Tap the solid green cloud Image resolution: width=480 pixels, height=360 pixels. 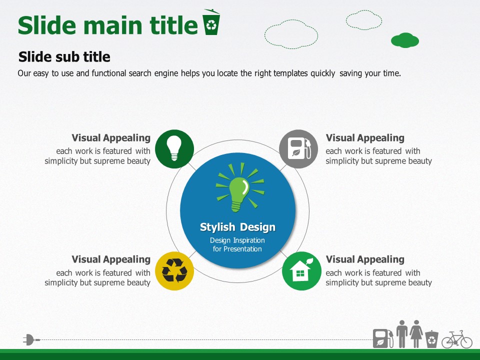(x=405, y=40)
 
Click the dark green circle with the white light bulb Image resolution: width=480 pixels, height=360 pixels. (x=174, y=149)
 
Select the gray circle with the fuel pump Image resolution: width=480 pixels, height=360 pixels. (x=299, y=149)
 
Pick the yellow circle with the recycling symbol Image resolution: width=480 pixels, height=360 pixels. (x=174, y=271)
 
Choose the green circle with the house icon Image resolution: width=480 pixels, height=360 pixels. (x=301, y=271)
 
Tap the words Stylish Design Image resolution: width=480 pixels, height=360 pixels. (x=237, y=227)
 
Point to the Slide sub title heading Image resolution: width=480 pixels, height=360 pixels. (x=64, y=56)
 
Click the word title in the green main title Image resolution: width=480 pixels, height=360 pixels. (x=173, y=25)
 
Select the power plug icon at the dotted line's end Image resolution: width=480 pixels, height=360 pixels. (x=31, y=340)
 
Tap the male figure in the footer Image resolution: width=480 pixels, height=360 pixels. (x=402, y=334)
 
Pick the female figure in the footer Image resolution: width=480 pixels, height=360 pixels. (x=416, y=334)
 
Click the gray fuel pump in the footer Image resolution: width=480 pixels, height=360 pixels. (x=383, y=338)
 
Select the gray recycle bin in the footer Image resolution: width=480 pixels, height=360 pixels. (x=431, y=339)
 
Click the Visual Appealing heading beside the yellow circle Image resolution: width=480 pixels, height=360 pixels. (x=111, y=259)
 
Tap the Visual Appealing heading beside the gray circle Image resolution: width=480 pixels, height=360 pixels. (x=365, y=138)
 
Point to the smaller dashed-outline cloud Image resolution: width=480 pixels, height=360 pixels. (x=364, y=20)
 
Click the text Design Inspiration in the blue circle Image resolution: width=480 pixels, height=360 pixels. (x=237, y=240)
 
